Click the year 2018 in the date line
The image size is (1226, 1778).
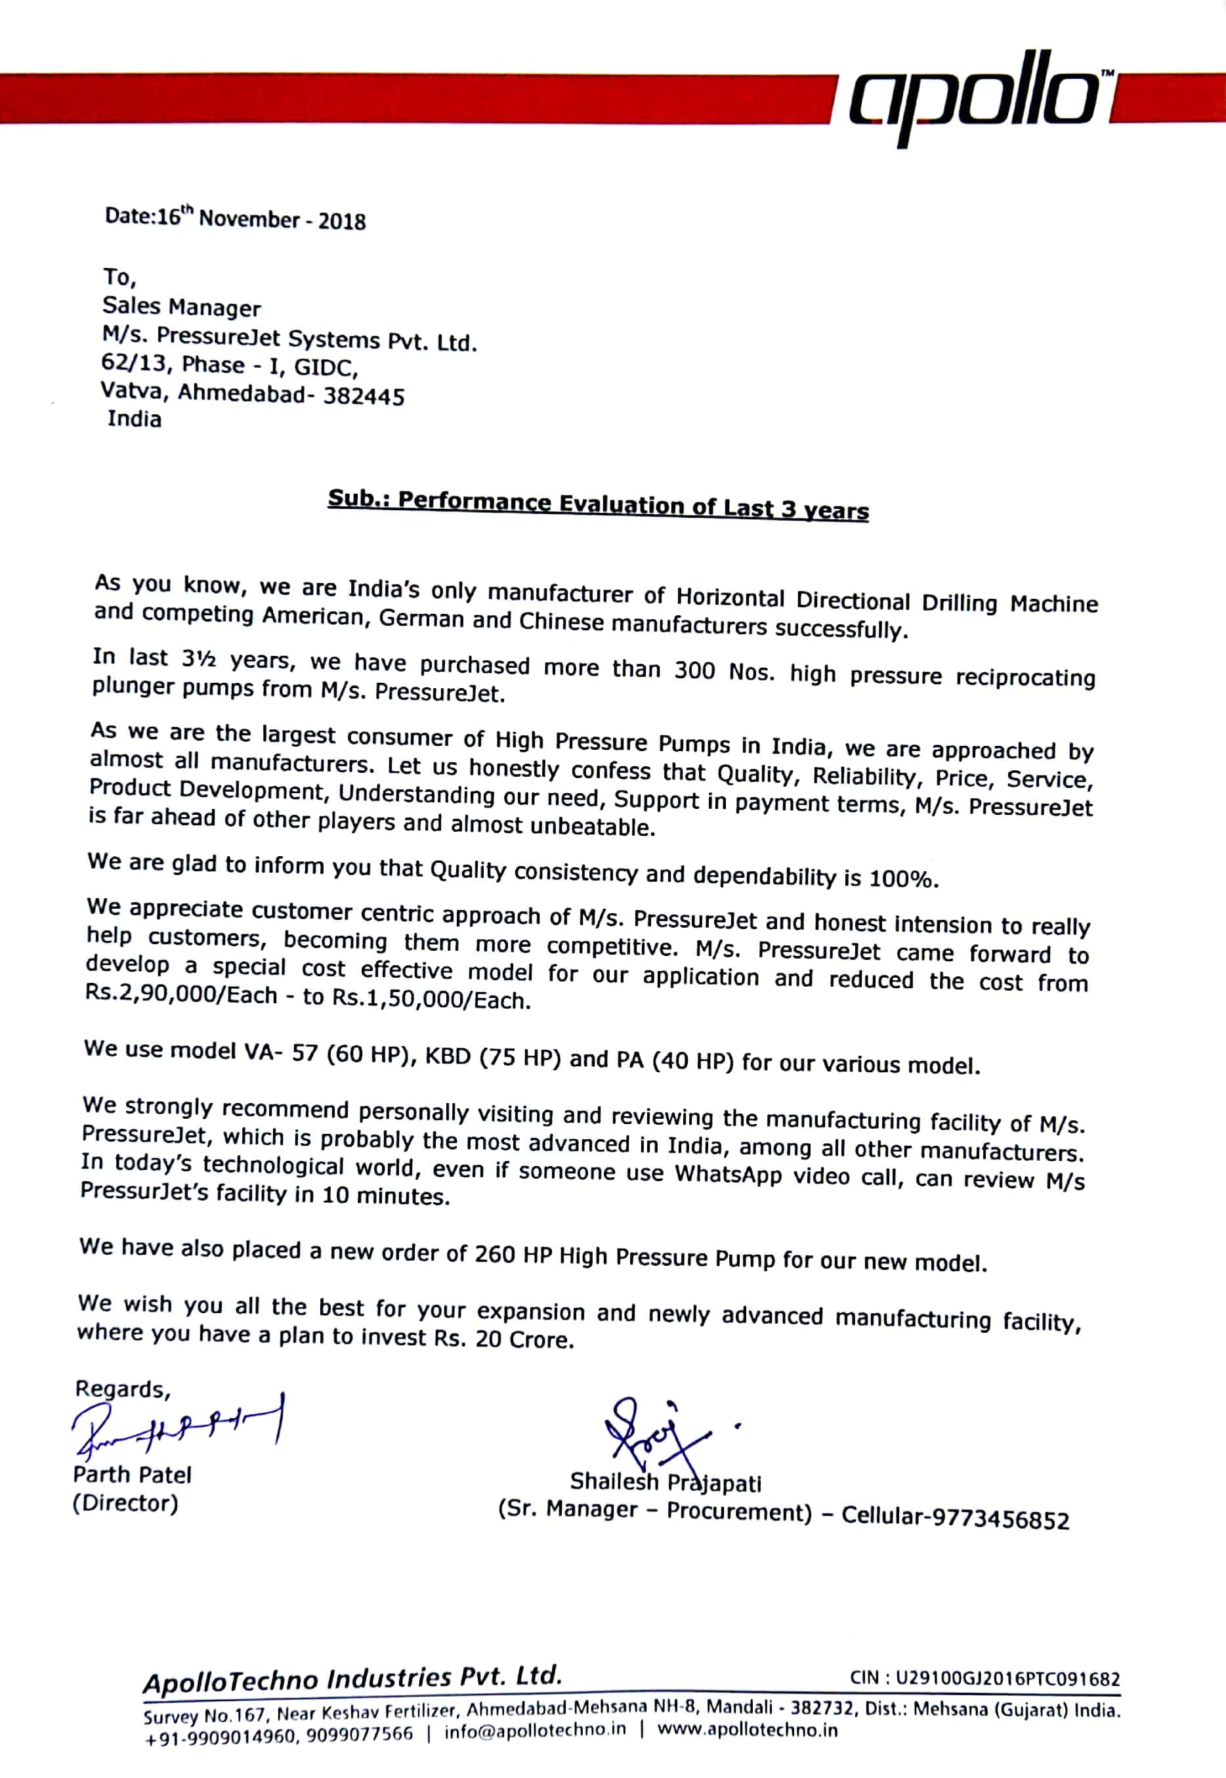pyautogui.click(x=342, y=221)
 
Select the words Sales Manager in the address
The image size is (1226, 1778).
pyautogui.click(x=181, y=307)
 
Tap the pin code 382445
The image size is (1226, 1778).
pyautogui.click(x=364, y=396)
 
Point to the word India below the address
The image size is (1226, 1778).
pyautogui.click(x=135, y=419)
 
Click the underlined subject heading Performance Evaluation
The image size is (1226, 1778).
pyautogui.click(x=598, y=504)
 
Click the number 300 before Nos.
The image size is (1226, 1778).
pyautogui.click(x=694, y=670)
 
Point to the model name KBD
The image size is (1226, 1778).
pyautogui.click(x=447, y=1056)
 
